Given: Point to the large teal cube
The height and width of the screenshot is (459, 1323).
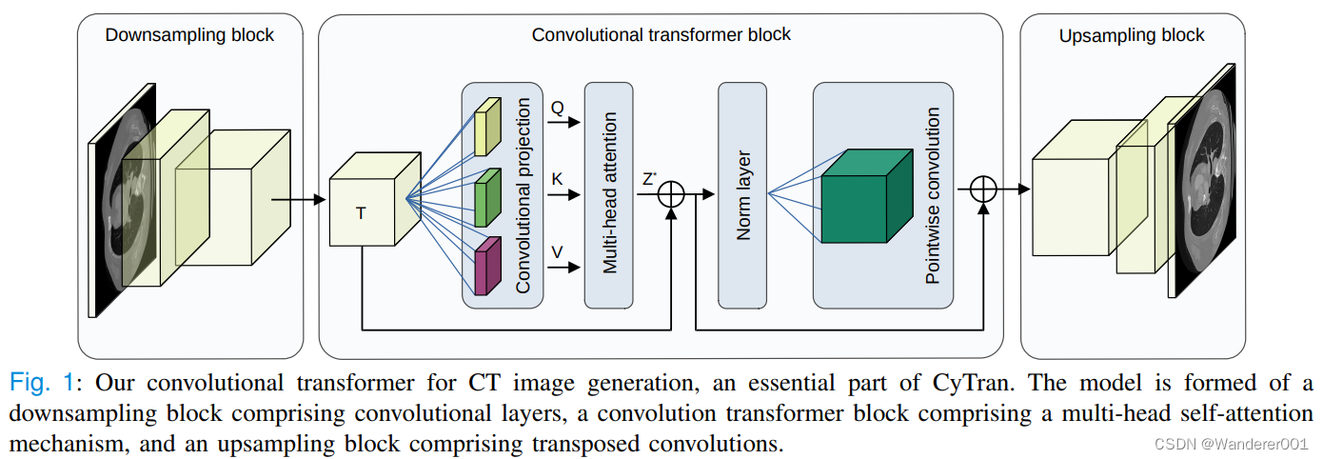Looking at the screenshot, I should [x=855, y=197].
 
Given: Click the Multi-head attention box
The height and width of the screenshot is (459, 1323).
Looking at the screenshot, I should [x=608, y=194].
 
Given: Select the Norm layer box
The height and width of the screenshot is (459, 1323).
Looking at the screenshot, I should [x=742, y=194].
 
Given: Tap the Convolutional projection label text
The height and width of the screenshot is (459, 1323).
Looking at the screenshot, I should [x=523, y=194].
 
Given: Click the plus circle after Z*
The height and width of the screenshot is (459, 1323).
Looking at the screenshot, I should [x=672, y=194].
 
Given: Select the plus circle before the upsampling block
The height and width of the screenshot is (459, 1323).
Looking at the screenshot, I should [x=982, y=189].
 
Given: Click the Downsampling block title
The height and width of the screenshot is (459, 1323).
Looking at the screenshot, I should [x=189, y=35].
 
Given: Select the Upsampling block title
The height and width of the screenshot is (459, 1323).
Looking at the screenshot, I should [x=1132, y=35].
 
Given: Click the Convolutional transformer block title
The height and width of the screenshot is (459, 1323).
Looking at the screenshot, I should [x=661, y=35].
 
